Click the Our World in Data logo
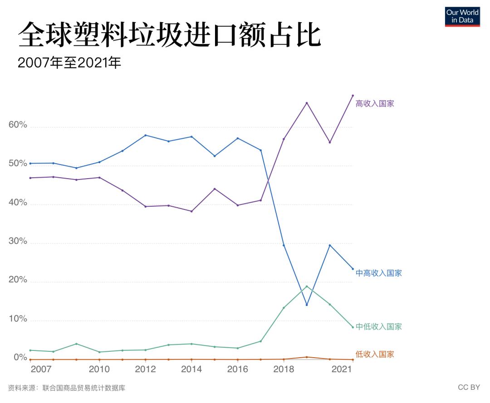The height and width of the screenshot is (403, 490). coord(462,16)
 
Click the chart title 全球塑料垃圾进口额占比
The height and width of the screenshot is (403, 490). coord(169,36)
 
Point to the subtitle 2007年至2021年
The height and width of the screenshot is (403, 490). coord(69,63)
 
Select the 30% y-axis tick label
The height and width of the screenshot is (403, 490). coord(18,242)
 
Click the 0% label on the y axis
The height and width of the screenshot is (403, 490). coord(20,358)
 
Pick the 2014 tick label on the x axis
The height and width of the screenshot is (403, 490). coord(191,369)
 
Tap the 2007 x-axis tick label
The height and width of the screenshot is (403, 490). coord(41,369)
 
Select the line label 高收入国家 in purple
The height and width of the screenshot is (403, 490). coord(375,103)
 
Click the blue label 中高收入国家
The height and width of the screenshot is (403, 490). coord(378,273)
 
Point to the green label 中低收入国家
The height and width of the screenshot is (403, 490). coord(378,326)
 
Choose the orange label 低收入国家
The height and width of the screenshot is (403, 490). coord(375,354)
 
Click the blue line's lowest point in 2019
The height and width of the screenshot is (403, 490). coord(307,305)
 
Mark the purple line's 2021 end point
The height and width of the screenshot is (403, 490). coord(353,96)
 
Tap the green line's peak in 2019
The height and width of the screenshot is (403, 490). coord(307,286)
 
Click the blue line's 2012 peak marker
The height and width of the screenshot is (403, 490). coord(146,135)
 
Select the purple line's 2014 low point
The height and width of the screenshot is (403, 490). coord(191,211)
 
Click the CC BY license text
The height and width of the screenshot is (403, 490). coord(469,387)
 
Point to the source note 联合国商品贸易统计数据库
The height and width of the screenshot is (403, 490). coord(84,388)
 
